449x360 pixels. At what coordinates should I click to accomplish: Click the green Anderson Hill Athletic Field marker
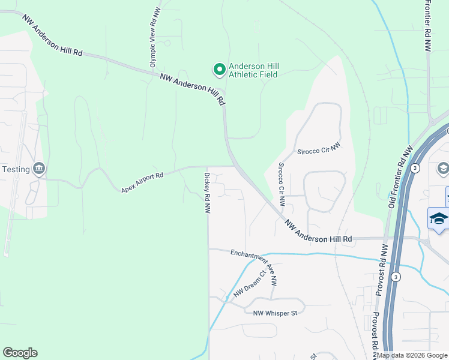pyautogui.click(x=219, y=70)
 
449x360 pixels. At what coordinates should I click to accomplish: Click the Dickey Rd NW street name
pyautogui.click(x=206, y=193)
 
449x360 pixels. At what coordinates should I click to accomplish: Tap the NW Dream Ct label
pyautogui.click(x=249, y=284)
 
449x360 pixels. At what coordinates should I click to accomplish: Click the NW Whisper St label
pyautogui.click(x=275, y=313)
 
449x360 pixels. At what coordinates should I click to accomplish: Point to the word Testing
pyautogui.click(x=16, y=169)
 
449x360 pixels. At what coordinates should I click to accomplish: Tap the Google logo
pyautogui.click(x=20, y=353)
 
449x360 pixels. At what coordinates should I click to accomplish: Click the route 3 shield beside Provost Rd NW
pyautogui.click(x=396, y=277)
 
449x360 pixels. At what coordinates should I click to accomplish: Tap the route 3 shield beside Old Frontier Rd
pyautogui.click(x=415, y=167)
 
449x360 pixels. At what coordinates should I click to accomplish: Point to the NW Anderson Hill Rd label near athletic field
pyautogui.click(x=193, y=89)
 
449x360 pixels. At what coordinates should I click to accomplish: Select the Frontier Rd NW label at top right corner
pyautogui.click(x=427, y=27)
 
